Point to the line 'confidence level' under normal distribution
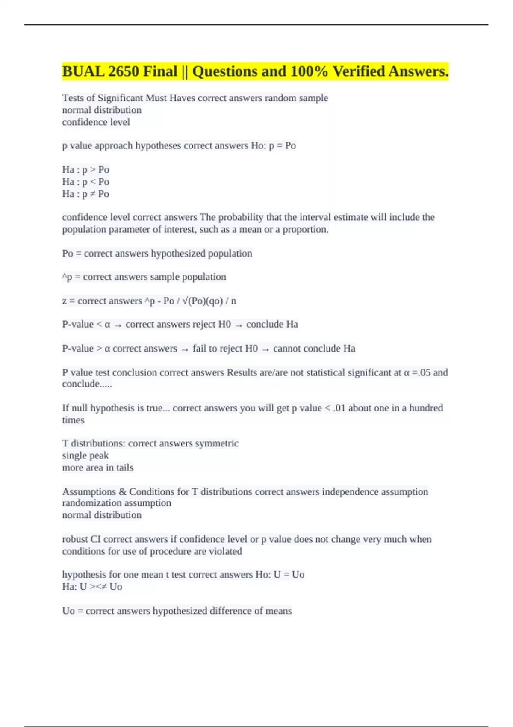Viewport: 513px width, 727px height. click(x=96, y=122)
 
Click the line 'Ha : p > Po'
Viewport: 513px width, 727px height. click(x=85, y=170)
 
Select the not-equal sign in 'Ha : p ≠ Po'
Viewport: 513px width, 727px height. click(x=92, y=194)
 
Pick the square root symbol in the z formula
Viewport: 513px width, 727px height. click(x=185, y=301)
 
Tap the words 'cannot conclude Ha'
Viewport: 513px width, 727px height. click(x=314, y=349)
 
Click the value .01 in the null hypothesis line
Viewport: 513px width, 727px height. click(x=339, y=408)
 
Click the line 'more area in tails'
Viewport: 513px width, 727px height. click(x=97, y=468)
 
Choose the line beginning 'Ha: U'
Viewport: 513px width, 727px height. click(x=92, y=587)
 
